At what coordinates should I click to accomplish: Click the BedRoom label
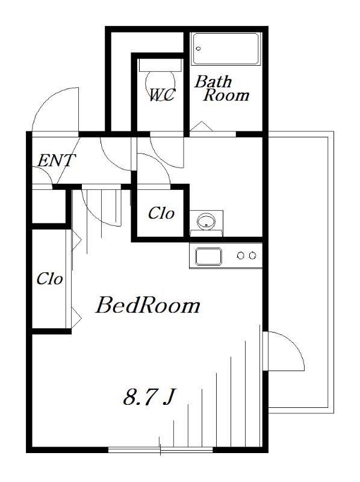(x=147, y=305)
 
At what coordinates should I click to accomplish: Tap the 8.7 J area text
(x=149, y=397)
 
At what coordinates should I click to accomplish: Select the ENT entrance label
(x=55, y=160)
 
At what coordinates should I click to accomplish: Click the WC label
(x=162, y=95)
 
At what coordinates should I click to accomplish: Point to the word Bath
(x=213, y=81)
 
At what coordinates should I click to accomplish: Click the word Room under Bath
(x=226, y=95)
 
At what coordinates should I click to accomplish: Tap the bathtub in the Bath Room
(x=226, y=49)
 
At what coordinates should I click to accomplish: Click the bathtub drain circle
(x=199, y=49)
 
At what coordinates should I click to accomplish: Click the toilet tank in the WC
(x=160, y=65)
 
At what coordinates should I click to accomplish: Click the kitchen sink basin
(x=208, y=257)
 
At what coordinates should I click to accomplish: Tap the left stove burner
(x=241, y=255)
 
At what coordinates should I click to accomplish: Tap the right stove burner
(x=252, y=255)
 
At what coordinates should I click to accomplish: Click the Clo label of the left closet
(x=49, y=278)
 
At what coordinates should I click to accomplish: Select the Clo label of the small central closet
(x=161, y=213)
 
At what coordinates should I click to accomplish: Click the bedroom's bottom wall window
(x=161, y=449)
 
